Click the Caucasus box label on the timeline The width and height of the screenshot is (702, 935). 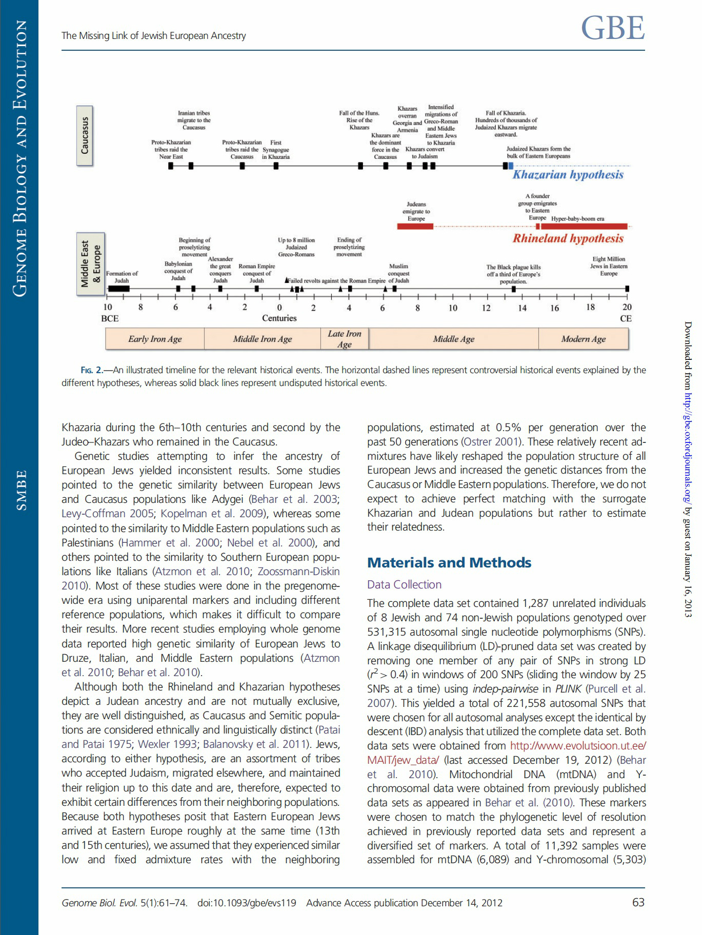point(85,135)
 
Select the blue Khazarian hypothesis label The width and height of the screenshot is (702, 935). point(568,175)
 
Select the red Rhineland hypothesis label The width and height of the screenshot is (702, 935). point(568,238)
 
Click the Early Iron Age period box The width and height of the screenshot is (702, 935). point(155,339)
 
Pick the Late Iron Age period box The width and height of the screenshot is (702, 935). point(345,339)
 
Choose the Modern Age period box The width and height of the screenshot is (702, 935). point(583,339)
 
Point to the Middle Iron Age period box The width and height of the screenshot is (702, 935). point(262,339)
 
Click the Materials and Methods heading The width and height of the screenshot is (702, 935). point(449,563)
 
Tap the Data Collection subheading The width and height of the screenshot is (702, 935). point(404,584)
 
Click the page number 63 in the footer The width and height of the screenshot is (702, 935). point(638,902)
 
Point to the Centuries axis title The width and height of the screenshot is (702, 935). point(279,318)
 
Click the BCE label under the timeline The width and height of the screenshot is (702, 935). point(110,318)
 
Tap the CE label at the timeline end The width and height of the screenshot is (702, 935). point(626,318)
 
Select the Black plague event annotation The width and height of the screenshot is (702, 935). point(513,274)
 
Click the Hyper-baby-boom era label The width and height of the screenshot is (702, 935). point(577,219)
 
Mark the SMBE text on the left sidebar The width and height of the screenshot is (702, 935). point(21,490)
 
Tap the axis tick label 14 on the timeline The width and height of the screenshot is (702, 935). point(522,308)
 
